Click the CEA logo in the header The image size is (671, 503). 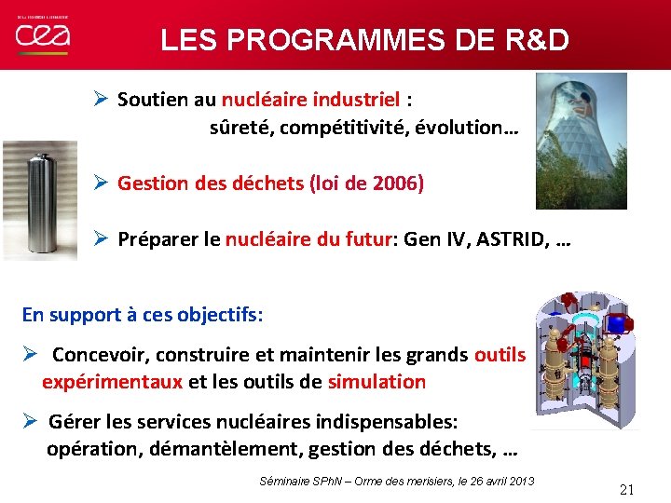(42, 35)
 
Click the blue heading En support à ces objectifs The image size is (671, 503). (143, 315)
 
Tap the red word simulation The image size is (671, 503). (376, 381)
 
